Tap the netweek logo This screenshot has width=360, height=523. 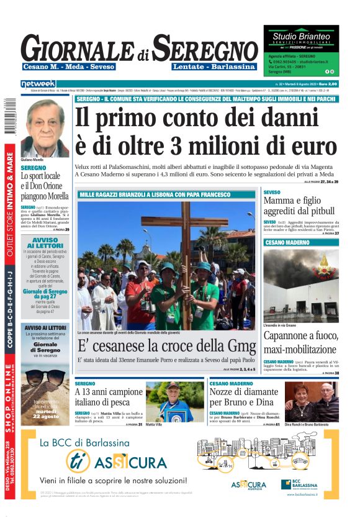[38, 83]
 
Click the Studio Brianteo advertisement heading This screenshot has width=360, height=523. [301, 37]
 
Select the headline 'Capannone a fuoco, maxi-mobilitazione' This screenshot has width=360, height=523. [300, 343]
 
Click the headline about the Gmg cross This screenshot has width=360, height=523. [166, 346]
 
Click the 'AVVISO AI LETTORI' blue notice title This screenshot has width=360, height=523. [45, 243]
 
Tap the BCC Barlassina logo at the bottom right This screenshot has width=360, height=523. [305, 484]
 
